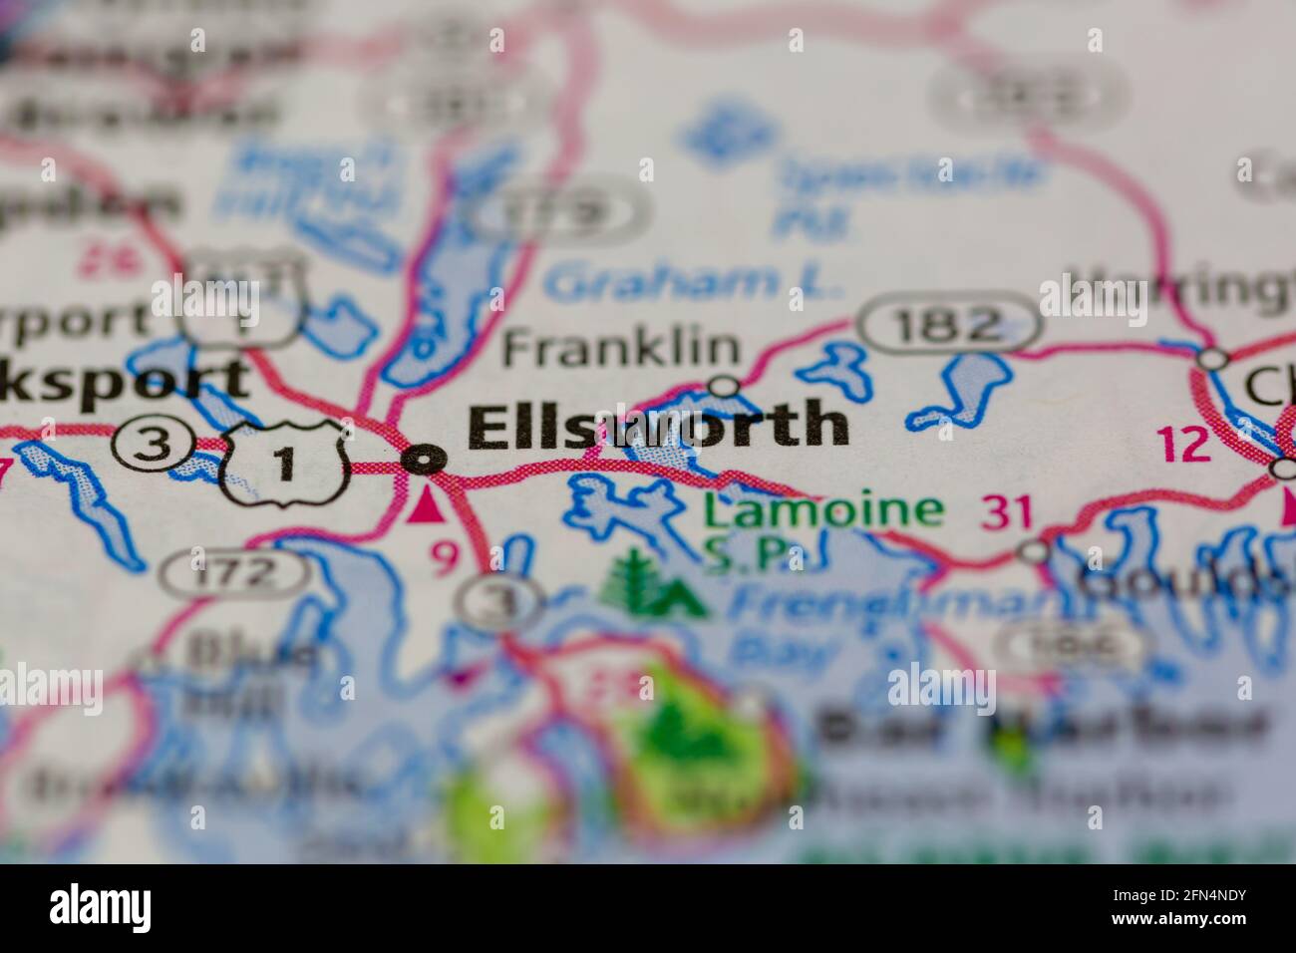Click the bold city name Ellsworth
point(658,427)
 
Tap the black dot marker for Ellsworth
point(425,460)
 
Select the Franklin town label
point(621,348)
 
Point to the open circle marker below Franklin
point(723,386)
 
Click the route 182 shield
point(948,324)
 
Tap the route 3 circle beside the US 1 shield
point(153,445)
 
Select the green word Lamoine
point(822,511)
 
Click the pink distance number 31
point(1007,512)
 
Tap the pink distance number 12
point(1185,445)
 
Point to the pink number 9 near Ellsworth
point(445,558)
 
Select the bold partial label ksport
point(125,379)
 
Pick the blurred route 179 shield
point(558,210)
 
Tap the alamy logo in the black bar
point(101,908)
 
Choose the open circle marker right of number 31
point(1037,550)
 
